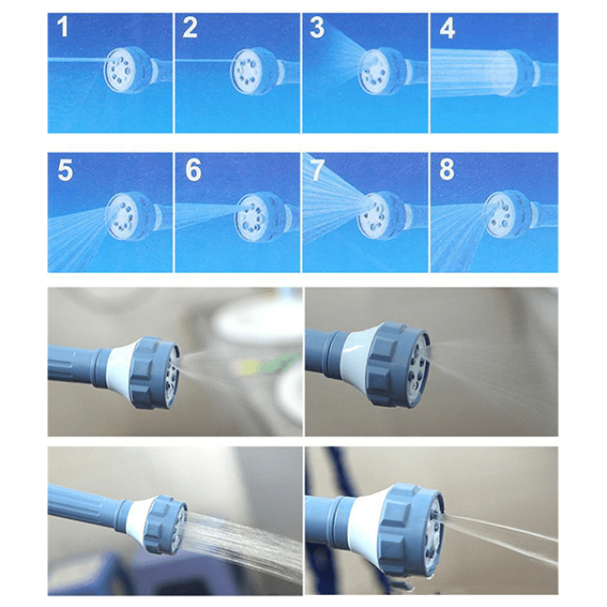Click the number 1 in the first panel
pos(63,27)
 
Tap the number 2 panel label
pos(190,28)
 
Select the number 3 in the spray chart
pos(317,28)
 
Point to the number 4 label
pos(447,28)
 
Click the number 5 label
pos(65,171)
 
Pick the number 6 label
pos(193,171)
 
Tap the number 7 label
pos(317,171)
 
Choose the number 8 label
pos(447,171)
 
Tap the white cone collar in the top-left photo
pos(121,368)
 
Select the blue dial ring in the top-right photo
pos(395,364)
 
